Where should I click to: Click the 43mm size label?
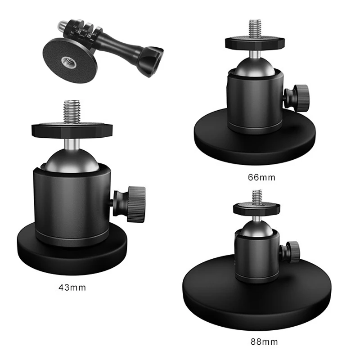[72, 288]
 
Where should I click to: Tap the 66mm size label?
[261, 177]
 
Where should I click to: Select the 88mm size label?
[264, 342]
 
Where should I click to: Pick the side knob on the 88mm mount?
[290, 252]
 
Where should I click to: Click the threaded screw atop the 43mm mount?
[72, 112]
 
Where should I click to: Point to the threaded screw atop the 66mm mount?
[255, 28]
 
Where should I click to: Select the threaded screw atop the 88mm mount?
[257, 197]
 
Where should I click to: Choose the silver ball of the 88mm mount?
[257, 228]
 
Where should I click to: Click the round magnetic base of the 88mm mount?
[257, 296]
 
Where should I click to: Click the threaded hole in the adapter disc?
[69, 62]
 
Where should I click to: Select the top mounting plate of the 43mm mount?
[72, 130]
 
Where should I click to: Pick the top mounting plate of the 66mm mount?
[255, 42]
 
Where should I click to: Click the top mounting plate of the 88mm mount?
[256, 208]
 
